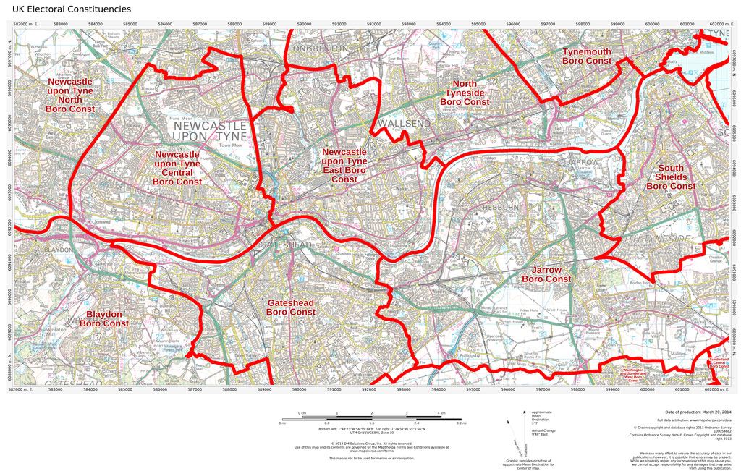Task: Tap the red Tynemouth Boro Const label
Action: [x=587, y=56]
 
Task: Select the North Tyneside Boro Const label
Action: [x=465, y=93]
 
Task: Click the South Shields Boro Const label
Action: [x=671, y=177]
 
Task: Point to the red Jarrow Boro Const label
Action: [x=546, y=274]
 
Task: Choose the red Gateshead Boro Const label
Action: [x=291, y=307]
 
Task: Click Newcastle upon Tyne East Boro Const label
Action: [x=344, y=166]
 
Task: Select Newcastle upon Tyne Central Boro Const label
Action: [x=177, y=168]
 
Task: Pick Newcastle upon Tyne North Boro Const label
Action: [x=70, y=96]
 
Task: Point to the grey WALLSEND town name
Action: [x=404, y=124]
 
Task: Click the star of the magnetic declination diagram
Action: [x=524, y=412]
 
